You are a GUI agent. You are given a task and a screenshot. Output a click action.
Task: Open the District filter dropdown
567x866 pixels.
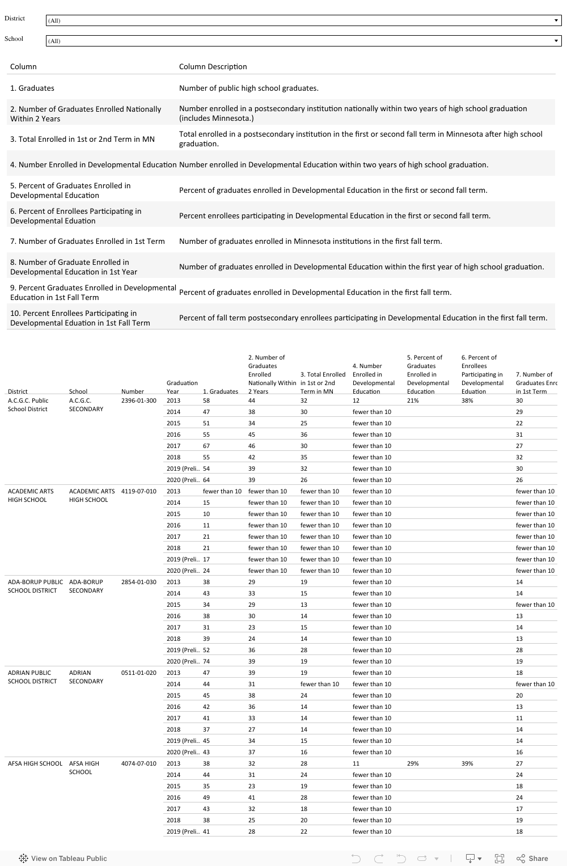tap(303, 20)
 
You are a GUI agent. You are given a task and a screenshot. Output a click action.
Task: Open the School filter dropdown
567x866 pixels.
tap(303, 41)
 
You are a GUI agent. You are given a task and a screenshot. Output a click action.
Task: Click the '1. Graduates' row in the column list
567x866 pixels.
tap(32, 88)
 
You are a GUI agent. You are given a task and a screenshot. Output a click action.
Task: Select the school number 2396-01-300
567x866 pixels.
tap(138, 401)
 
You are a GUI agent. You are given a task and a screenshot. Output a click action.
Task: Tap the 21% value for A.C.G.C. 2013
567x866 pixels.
tap(413, 401)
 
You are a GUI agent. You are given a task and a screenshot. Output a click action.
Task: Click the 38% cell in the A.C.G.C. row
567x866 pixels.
tap(467, 401)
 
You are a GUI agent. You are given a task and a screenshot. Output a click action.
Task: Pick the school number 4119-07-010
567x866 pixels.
tap(138, 492)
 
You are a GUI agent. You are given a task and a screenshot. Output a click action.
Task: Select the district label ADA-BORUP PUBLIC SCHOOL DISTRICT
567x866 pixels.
tap(35, 586)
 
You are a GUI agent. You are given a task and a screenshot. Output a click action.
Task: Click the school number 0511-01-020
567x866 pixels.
tap(138, 673)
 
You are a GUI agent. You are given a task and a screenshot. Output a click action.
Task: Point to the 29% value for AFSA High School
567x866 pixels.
tap(413, 764)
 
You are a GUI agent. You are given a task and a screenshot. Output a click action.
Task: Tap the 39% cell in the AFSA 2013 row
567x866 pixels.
tap(467, 764)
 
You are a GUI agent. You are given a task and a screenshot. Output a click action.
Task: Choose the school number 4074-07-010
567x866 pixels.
tap(138, 764)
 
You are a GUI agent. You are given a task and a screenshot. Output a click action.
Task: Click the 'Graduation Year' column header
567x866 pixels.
tap(182, 387)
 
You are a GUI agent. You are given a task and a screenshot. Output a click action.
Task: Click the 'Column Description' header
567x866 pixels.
tap(213, 67)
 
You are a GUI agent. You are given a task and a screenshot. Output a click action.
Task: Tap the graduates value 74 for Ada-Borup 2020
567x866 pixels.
tap(206, 662)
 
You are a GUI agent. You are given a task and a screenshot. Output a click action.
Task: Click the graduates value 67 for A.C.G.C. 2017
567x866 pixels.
tap(206, 446)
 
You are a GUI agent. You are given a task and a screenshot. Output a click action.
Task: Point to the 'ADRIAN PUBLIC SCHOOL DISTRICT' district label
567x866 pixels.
tap(32, 677)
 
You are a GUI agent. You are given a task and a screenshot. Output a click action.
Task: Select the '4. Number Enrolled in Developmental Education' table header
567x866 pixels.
tap(373, 378)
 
